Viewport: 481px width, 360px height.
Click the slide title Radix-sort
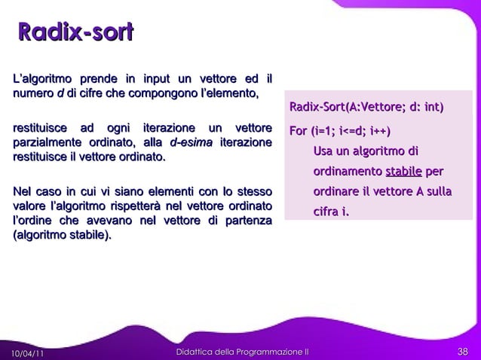75,32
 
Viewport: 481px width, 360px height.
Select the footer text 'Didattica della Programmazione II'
241,352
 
